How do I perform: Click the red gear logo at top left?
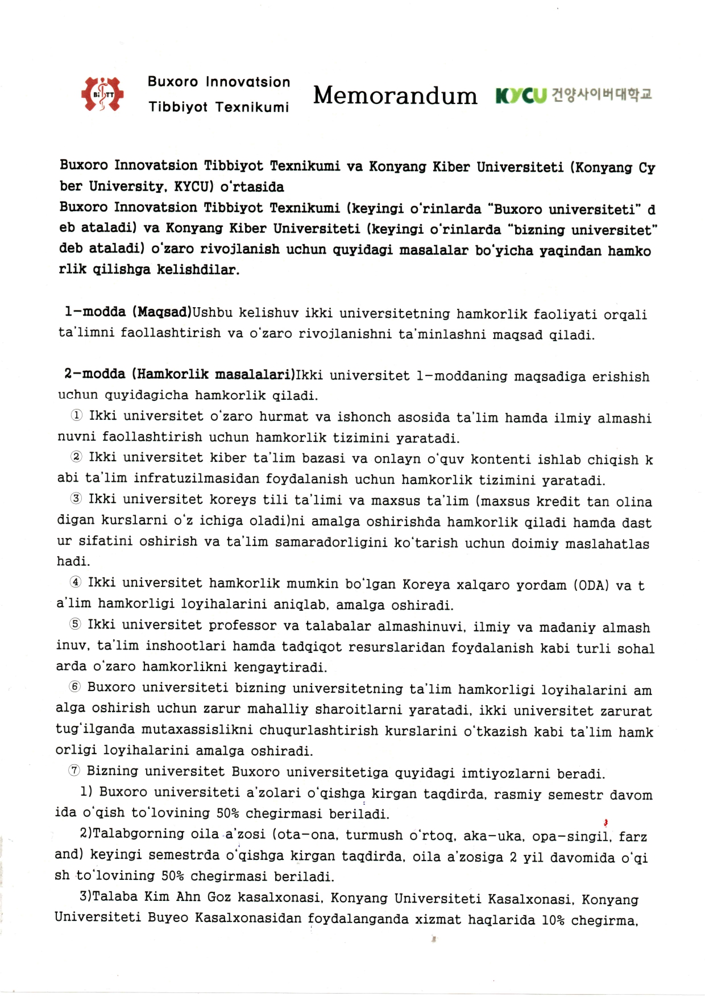coord(102,94)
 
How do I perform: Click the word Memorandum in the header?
coord(395,96)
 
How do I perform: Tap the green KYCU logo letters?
coord(521,96)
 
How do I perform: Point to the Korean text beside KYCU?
coord(602,94)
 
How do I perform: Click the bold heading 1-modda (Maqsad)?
coord(128,312)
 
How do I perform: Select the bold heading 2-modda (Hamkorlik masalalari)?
coord(179,374)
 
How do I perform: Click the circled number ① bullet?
coord(76,416)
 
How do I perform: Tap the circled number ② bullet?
coord(76,457)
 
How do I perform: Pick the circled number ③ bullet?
coord(76,499)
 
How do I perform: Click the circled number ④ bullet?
coord(75,582)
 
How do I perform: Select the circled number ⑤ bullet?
coord(75,624)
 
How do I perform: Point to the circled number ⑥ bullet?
coord(74,687)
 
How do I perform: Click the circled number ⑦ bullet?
coord(74,771)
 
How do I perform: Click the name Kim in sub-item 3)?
coord(157,897)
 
